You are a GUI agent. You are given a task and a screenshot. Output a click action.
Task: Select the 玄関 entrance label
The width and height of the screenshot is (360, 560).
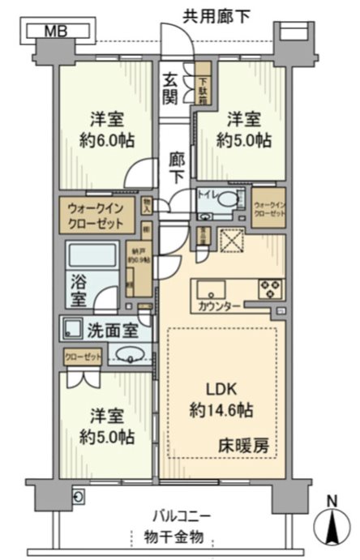click(x=170, y=88)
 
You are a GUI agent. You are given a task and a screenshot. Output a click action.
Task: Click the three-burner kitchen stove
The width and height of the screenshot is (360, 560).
click(x=271, y=288)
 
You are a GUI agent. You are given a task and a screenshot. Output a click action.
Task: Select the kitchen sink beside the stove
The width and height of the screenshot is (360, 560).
click(x=212, y=288)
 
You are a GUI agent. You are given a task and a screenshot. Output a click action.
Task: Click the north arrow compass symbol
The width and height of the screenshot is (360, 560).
click(x=335, y=524)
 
